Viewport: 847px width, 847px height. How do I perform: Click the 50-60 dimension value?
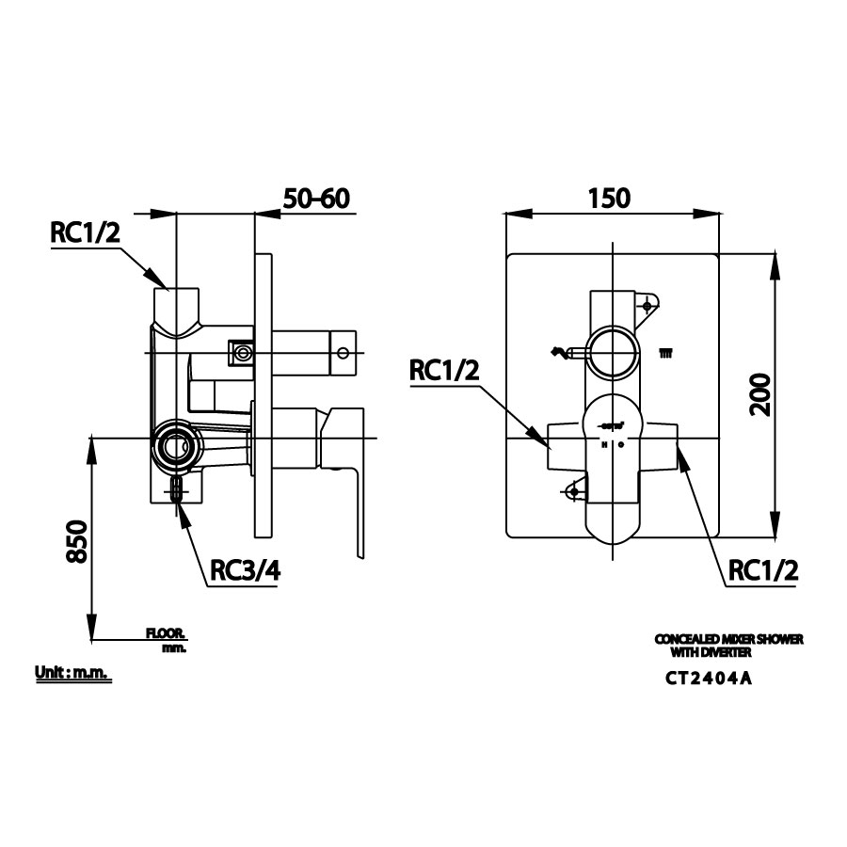(x=316, y=200)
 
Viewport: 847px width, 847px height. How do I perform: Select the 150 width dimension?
(x=610, y=199)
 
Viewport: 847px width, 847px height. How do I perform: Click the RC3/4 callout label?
(x=243, y=570)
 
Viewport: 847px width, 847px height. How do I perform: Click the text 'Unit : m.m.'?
(x=72, y=674)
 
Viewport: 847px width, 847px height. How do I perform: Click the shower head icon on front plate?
(x=666, y=354)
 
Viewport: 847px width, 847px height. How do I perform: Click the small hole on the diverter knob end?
(x=343, y=354)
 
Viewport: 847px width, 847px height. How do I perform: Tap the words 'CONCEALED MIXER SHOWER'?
(x=728, y=639)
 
